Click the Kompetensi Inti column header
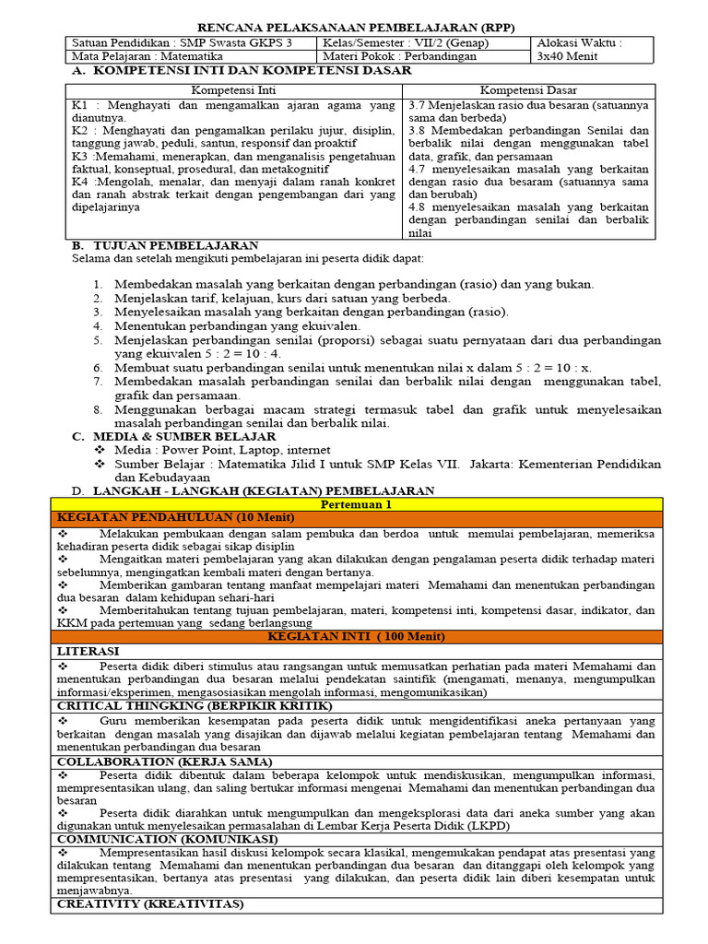(232, 90)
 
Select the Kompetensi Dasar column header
(529, 90)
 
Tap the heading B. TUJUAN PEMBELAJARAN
(165, 245)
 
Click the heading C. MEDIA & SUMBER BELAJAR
(173, 436)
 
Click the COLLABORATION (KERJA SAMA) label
(164, 761)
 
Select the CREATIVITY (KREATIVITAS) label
(150, 904)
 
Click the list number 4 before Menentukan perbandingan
(98, 325)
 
